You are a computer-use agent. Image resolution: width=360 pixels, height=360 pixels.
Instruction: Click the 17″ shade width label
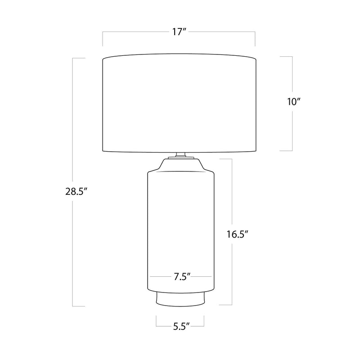(x=179, y=32)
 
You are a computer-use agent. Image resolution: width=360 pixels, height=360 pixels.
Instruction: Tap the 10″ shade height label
(x=294, y=102)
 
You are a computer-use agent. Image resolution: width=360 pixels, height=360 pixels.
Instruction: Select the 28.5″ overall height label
(x=76, y=191)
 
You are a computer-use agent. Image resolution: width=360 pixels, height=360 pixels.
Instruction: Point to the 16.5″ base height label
(x=238, y=234)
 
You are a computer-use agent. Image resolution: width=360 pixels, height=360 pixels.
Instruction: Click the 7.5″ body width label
(x=182, y=277)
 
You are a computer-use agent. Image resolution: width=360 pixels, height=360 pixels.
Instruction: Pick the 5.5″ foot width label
(x=181, y=326)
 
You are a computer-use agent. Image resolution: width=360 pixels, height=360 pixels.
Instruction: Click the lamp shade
(x=179, y=103)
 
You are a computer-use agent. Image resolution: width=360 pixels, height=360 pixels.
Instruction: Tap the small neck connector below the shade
(x=181, y=155)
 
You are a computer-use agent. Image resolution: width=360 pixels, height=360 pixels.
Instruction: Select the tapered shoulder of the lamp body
(x=181, y=165)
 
